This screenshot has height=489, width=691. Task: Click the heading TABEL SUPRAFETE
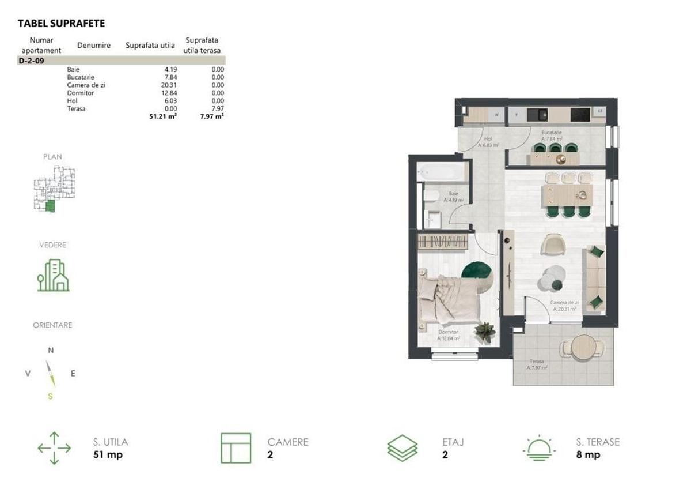62,24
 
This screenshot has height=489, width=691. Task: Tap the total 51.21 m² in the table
163,116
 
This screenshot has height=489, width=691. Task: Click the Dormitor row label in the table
80,93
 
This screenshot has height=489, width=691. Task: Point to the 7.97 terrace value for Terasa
218,108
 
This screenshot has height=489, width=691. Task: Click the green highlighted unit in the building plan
50,206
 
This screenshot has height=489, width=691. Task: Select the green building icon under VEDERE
53,275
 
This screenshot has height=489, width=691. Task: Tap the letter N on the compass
51,350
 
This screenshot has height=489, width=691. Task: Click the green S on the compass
51,396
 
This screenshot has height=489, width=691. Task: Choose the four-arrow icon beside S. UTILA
54,448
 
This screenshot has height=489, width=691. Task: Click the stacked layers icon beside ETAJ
402,448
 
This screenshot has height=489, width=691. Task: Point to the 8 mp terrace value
588,455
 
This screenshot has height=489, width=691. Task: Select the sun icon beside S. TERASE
538,448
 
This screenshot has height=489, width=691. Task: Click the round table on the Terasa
583,348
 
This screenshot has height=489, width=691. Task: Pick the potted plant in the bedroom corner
485,332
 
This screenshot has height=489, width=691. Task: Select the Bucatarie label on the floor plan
551,132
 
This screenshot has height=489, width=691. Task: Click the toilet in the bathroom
431,196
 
